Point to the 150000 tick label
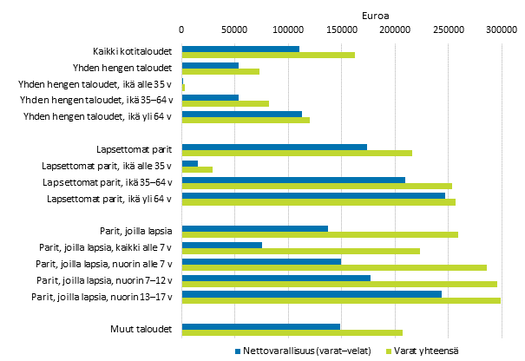pyautogui.click(x=341, y=30)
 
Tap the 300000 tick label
pyautogui.click(x=501, y=30)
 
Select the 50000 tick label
pyautogui.click(x=234, y=30)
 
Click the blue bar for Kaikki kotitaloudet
pyautogui.click(x=240, y=49)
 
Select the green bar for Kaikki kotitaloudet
pyautogui.click(x=268, y=56)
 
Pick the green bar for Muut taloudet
pyautogui.click(x=292, y=333)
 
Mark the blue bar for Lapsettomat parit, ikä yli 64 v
pyautogui.click(x=313, y=195)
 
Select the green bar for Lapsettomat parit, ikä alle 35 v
pyautogui.click(x=197, y=169)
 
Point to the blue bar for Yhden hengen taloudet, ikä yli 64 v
pyautogui.click(x=241, y=114)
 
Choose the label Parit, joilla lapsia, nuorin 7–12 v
pyautogui.click(x=104, y=280)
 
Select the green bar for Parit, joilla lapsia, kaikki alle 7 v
pyautogui.click(x=300, y=251)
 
